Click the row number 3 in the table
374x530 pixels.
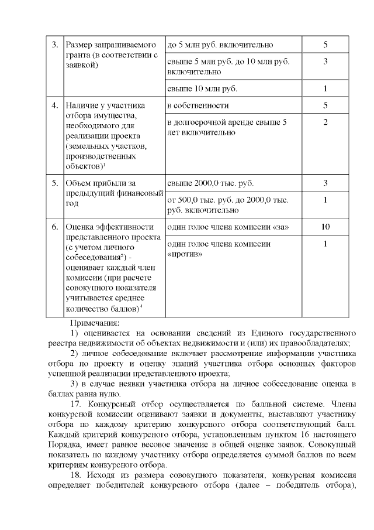pyautogui.click(x=54, y=45)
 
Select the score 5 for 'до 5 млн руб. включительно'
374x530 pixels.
pyautogui.click(x=325, y=45)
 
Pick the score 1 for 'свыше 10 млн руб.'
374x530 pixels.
pyautogui.click(x=325, y=89)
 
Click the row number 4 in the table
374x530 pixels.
pyautogui.click(x=54, y=106)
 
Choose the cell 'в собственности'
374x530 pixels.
pyautogui.click(x=198, y=106)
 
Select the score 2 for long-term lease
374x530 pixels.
pyautogui.click(x=325, y=122)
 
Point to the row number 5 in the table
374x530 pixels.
pyautogui.click(x=54, y=183)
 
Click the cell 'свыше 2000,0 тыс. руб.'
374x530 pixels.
pyautogui.click(x=210, y=183)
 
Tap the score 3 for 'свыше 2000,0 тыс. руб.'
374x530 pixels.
pyautogui.click(x=325, y=183)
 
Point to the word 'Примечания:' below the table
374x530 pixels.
pyautogui.click(x=95, y=322)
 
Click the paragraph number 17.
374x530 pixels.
pyautogui.click(x=77, y=404)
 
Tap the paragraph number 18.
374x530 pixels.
pyautogui.click(x=77, y=474)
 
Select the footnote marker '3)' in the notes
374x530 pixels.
pyautogui.click(x=74, y=384)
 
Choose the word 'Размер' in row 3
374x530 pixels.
pyautogui.click(x=82, y=45)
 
